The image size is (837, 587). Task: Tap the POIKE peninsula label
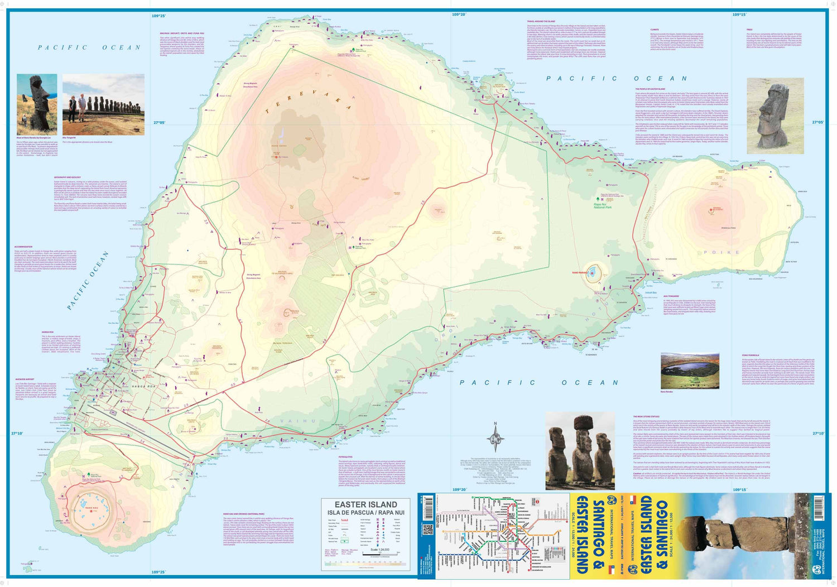click(721, 252)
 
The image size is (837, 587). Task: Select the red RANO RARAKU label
click(580, 273)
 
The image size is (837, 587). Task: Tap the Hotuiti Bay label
click(651, 292)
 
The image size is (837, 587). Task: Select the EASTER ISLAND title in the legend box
click(365, 504)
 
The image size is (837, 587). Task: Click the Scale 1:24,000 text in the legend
click(380, 550)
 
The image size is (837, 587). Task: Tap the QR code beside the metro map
click(428, 530)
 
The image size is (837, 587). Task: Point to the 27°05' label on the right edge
click(817, 122)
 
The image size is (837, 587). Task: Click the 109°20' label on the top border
click(459, 15)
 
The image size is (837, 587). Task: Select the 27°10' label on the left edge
click(18, 433)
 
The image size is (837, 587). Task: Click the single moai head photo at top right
click(775, 116)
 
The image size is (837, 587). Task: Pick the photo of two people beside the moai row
click(103, 105)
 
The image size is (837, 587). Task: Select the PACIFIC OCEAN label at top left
click(89, 47)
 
